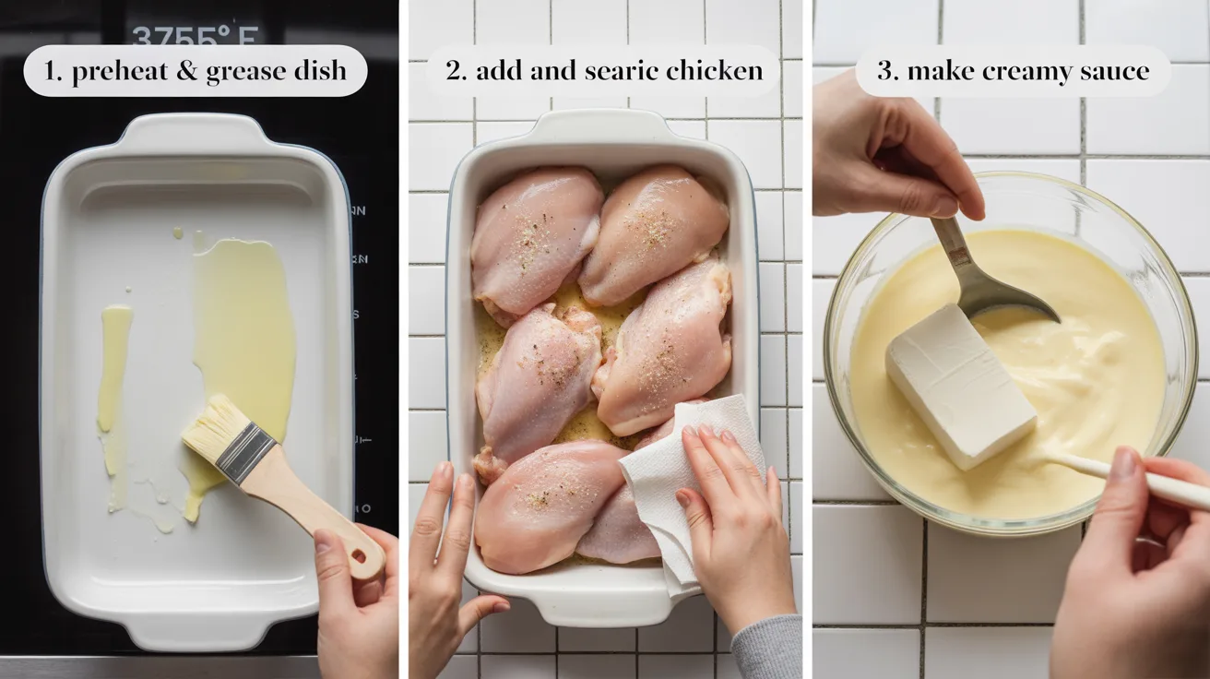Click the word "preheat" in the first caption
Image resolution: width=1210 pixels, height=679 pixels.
click(x=116, y=71)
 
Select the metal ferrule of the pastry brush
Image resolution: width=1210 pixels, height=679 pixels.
click(x=244, y=453)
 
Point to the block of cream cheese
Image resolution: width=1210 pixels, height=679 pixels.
click(x=959, y=385)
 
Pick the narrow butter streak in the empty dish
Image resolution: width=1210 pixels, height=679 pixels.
click(x=113, y=369)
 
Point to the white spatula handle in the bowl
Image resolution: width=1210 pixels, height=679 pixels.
click(x=1144, y=480)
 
